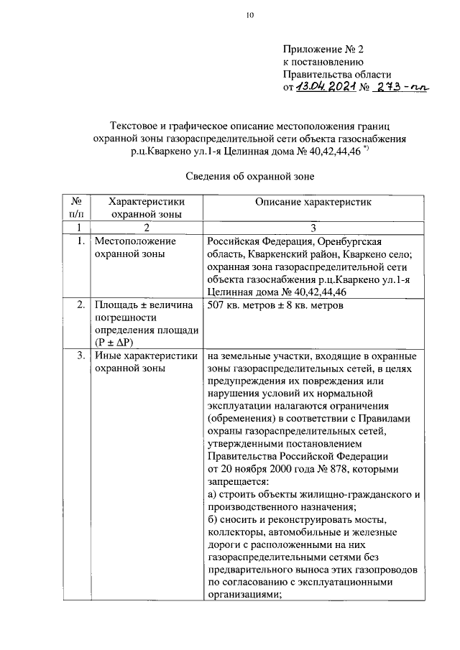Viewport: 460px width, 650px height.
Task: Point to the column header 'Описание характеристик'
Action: click(313, 203)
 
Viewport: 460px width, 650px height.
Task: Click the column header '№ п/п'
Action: click(75, 208)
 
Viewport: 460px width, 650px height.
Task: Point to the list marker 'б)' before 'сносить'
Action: click(213, 519)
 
